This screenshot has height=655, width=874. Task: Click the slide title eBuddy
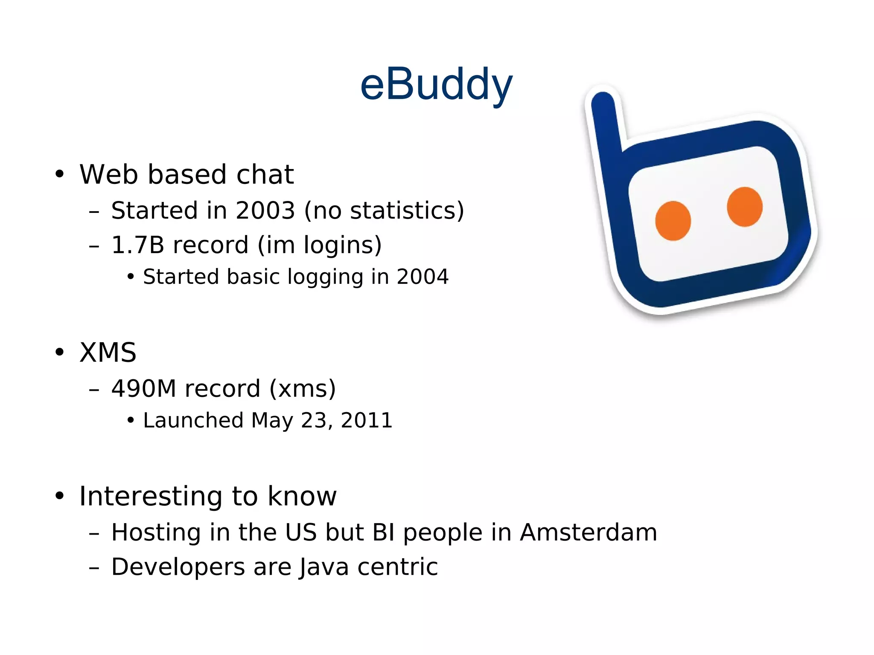tap(436, 85)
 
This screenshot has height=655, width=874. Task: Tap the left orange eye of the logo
tap(673, 221)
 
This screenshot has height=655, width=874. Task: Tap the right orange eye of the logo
tap(745, 207)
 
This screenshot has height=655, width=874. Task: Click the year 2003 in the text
tap(265, 210)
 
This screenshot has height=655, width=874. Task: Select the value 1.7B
tap(137, 245)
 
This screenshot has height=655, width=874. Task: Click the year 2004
tap(422, 277)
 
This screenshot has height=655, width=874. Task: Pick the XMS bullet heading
tap(108, 353)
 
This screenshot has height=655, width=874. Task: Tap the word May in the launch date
tap(272, 421)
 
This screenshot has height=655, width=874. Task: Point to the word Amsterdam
tap(588, 533)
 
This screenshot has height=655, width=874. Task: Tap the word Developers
tap(178, 568)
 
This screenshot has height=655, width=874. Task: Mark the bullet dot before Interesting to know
tap(59, 496)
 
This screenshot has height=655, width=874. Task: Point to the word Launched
tap(193, 420)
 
